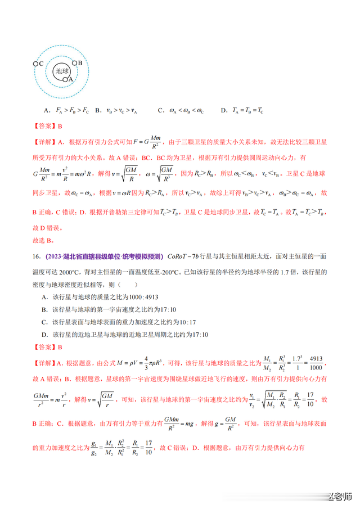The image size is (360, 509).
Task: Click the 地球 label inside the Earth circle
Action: point(61,71)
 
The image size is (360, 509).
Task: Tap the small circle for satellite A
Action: point(66,80)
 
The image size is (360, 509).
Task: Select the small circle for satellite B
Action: point(73,63)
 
